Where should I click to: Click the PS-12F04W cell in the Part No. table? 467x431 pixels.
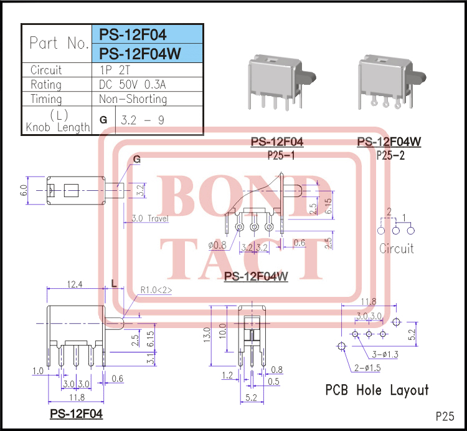coord(140,54)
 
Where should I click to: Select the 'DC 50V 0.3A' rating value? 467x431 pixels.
coord(133,84)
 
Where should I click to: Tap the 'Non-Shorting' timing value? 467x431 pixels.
coord(133,99)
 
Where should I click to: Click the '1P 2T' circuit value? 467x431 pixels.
coord(115,70)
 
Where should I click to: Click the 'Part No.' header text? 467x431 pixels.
coord(60,43)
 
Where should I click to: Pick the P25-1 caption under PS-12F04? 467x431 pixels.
coord(281,155)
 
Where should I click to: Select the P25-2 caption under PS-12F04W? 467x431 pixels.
coord(390,155)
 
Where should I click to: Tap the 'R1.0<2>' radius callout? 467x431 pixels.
coord(156,289)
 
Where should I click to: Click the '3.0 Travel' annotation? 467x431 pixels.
coord(150,218)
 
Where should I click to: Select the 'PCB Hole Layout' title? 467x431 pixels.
coord(377,390)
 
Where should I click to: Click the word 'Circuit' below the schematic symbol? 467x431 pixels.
coord(397,248)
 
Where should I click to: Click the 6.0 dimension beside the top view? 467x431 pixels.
coord(24,190)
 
